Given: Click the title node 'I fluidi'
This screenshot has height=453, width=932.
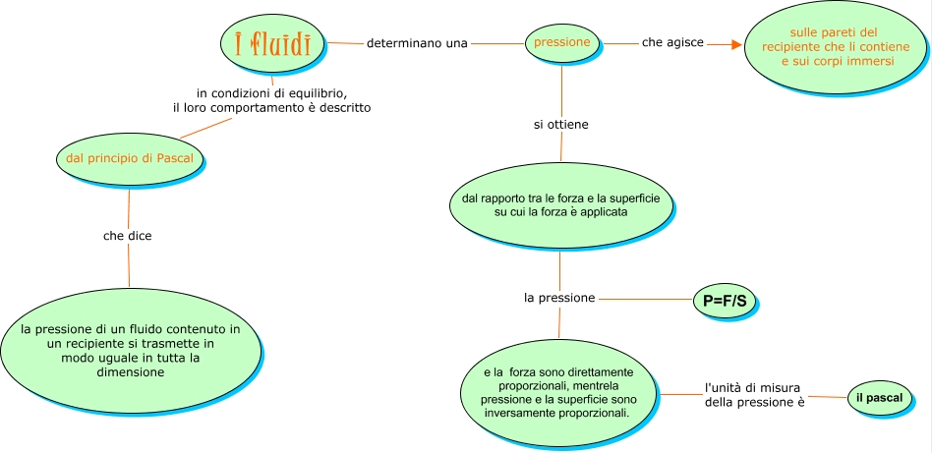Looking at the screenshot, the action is tap(265, 44).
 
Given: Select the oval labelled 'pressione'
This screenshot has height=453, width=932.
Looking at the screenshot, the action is tap(561, 42).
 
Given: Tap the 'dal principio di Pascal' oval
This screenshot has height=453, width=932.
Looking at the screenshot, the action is tap(129, 157).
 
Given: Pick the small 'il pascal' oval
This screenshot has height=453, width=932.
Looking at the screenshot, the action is tap(879, 397).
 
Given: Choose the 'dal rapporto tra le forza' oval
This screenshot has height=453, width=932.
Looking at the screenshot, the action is tap(561, 205).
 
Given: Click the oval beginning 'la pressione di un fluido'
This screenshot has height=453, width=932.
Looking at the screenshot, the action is tap(131, 350).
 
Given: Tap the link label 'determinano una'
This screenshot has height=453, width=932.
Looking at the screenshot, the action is tap(416, 43).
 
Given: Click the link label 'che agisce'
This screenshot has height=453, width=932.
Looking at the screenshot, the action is tap(672, 43).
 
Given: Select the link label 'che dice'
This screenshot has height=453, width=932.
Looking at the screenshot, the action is tap(128, 236).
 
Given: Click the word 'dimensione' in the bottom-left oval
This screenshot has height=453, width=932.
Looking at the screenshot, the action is tap(131, 372).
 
